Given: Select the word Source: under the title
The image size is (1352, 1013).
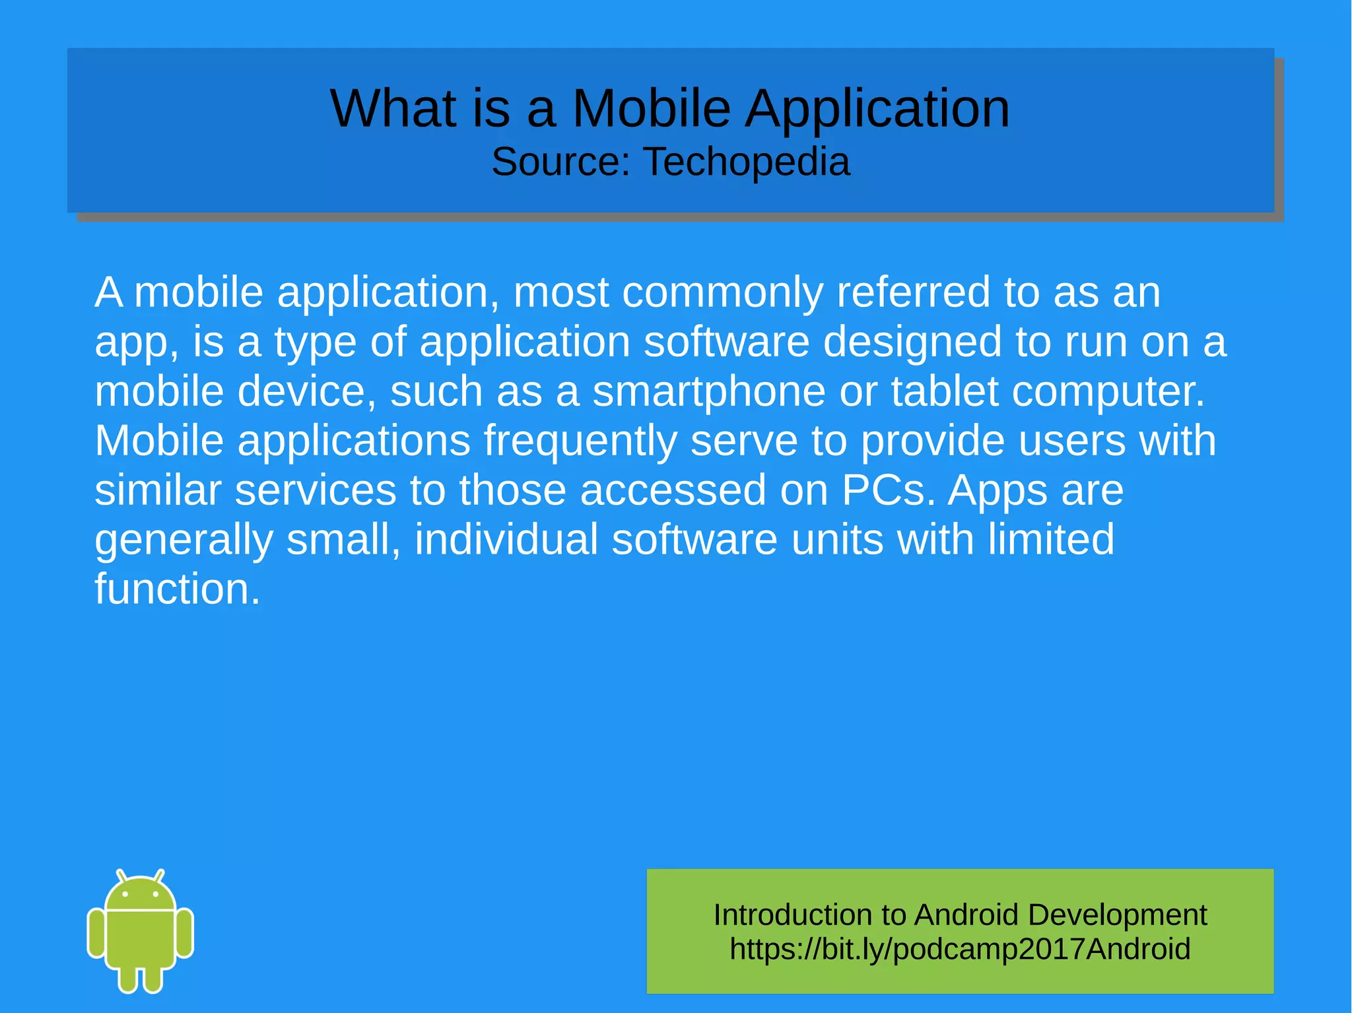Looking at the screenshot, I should [561, 162].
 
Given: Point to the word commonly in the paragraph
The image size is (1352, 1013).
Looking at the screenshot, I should [722, 292].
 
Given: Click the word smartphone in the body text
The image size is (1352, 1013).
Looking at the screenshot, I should [708, 392].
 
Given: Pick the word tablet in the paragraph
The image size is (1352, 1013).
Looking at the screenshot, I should [945, 391].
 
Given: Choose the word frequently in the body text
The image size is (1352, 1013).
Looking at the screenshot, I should [580, 441].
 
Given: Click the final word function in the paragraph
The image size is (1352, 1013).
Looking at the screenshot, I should [177, 589].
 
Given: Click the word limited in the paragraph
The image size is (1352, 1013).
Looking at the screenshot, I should [1051, 540].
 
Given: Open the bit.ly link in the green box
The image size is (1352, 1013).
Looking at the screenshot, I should [960, 949].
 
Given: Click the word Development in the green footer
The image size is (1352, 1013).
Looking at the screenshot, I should [1117, 915].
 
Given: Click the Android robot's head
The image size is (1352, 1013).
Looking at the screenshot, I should [141, 894].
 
